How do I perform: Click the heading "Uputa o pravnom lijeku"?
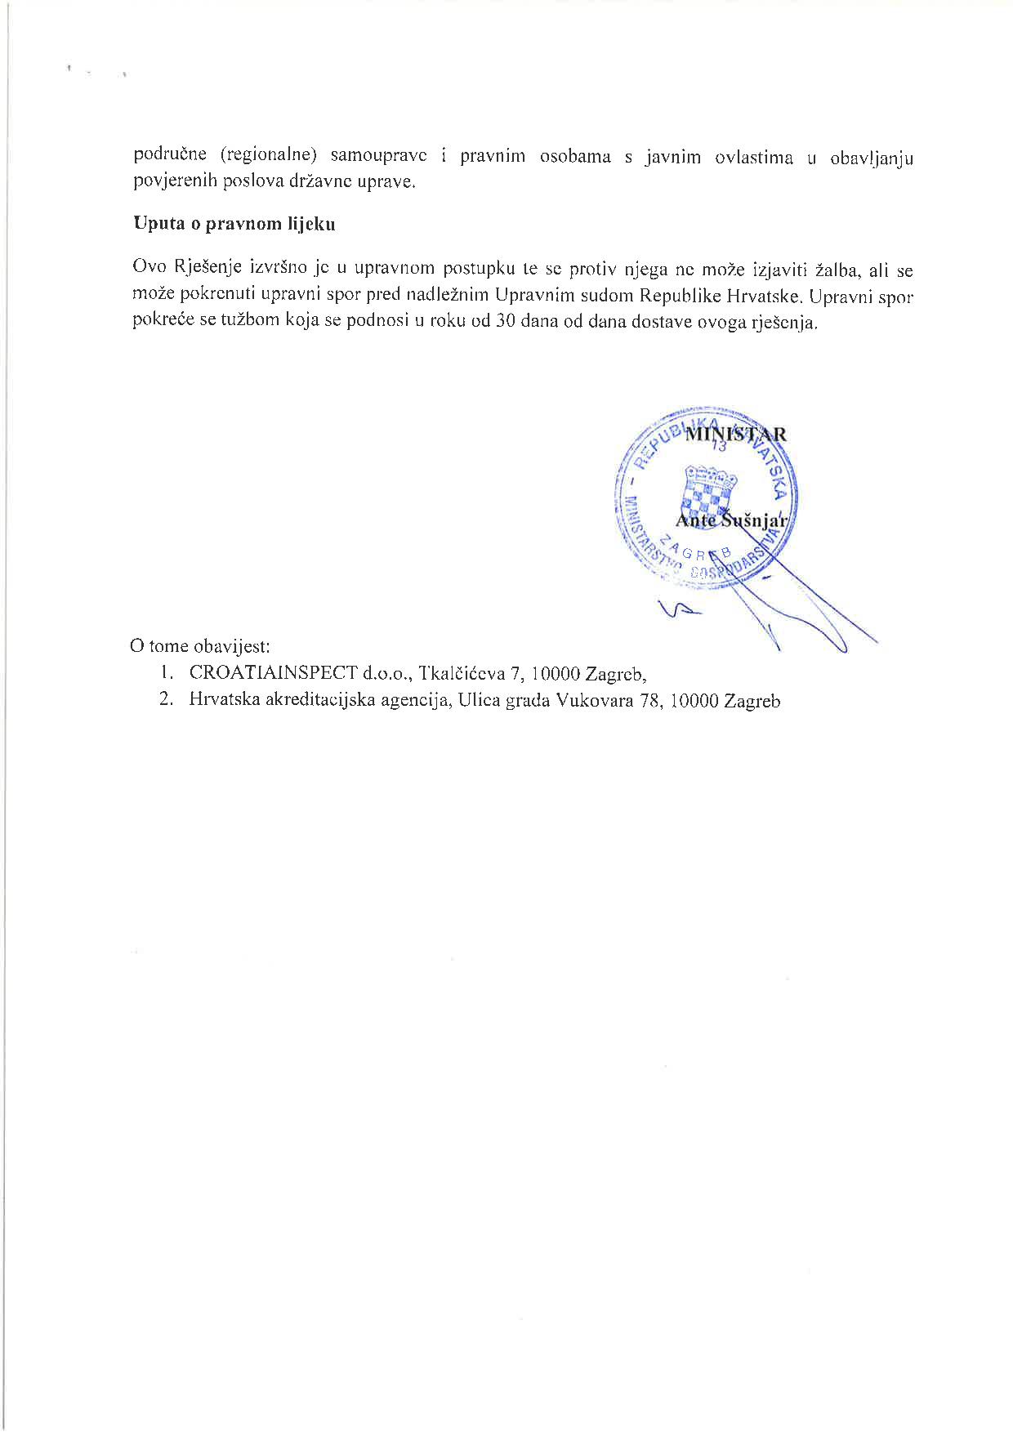(x=234, y=225)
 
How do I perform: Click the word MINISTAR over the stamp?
(x=735, y=434)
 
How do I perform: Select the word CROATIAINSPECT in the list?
(x=273, y=673)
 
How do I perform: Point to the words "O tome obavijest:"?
(x=199, y=646)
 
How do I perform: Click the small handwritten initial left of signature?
(x=676, y=610)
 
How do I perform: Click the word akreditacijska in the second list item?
(x=314, y=700)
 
